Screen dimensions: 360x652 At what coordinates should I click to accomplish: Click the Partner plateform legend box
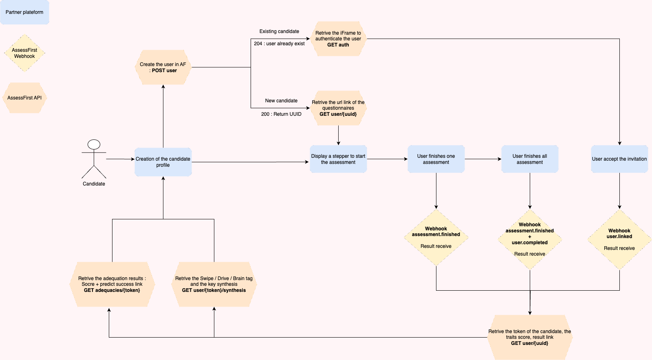24,12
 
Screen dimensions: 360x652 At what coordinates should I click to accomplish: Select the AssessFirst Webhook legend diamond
24,53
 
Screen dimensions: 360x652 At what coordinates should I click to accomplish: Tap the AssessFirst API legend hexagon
24,98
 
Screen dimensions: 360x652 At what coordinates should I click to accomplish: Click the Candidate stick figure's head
94,145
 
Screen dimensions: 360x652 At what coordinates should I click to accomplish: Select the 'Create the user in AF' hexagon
163,67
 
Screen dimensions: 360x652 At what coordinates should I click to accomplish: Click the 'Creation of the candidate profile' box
163,162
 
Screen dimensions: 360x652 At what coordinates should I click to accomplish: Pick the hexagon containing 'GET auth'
338,39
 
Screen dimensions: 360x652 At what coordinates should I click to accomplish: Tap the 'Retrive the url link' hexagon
338,108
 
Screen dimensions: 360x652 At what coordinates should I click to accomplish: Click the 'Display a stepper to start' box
338,159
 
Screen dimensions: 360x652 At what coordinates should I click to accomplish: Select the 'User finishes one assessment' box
436,159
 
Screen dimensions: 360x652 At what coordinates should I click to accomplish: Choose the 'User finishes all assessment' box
530,159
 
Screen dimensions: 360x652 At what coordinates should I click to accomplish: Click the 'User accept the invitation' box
619,159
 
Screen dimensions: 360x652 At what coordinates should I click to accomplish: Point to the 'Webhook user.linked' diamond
619,239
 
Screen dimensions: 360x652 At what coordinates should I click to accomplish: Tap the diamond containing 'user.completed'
530,239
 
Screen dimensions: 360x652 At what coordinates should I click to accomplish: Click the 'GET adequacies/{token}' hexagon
112,284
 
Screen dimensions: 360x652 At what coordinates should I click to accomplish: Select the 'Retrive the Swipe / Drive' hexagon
214,284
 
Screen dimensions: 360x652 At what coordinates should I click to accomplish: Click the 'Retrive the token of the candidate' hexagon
530,337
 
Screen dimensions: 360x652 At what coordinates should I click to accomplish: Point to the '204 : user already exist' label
279,44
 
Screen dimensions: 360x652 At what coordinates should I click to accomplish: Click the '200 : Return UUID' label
281,114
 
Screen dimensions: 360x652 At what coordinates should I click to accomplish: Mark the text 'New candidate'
281,101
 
